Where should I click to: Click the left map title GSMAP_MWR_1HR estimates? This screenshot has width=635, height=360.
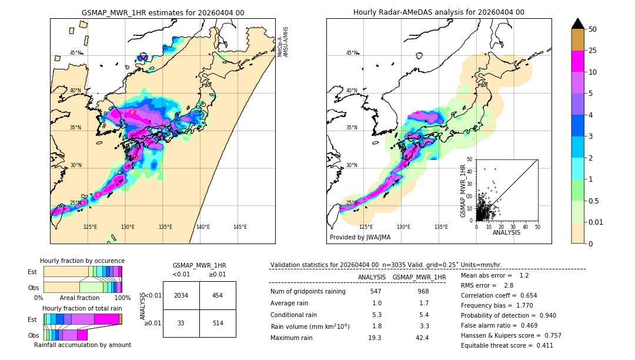[x=162, y=12]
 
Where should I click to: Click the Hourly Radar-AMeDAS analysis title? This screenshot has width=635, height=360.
[x=439, y=12]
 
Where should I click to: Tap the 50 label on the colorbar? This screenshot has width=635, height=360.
[x=593, y=29]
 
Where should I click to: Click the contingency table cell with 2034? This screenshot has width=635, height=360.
[x=181, y=295]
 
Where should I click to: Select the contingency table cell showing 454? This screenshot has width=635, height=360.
[x=217, y=295]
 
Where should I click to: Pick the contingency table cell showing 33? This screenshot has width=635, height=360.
[x=181, y=323]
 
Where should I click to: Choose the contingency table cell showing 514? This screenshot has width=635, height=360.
[x=217, y=323]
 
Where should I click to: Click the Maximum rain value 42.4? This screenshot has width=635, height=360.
[x=422, y=338]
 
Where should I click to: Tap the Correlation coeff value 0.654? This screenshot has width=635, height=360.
[x=524, y=295]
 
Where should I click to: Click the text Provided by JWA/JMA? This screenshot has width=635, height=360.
[x=360, y=238]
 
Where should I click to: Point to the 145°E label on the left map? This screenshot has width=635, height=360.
[x=240, y=227]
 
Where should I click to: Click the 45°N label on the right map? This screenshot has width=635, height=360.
[x=352, y=53]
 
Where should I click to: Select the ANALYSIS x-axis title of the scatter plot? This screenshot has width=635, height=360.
[x=506, y=232]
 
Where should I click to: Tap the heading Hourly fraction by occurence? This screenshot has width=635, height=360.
[x=82, y=261]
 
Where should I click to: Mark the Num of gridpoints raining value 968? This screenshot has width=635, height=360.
[x=423, y=291]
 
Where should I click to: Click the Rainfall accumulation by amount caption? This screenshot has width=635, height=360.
[x=82, y=345]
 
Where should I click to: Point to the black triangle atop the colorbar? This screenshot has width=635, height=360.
[x=578, y=24]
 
